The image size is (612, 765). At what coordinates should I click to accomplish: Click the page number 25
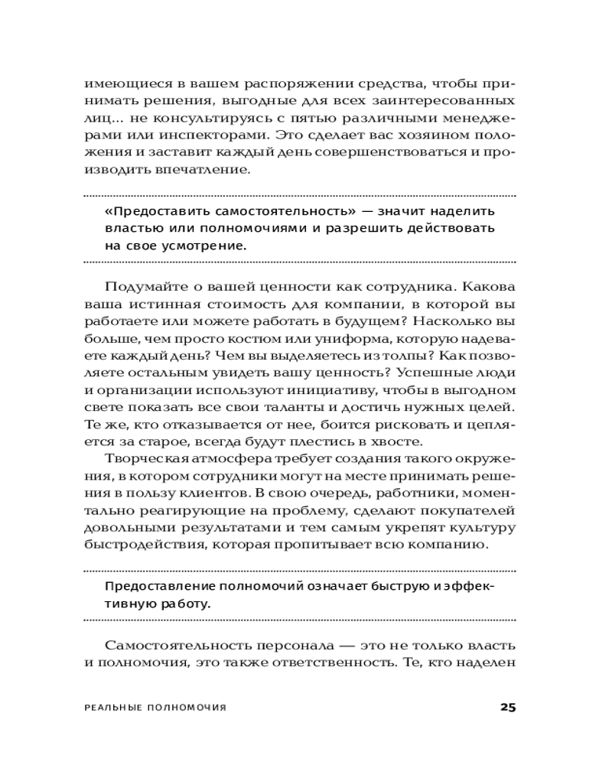[508, 706]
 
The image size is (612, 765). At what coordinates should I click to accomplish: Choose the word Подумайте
[143, 286]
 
